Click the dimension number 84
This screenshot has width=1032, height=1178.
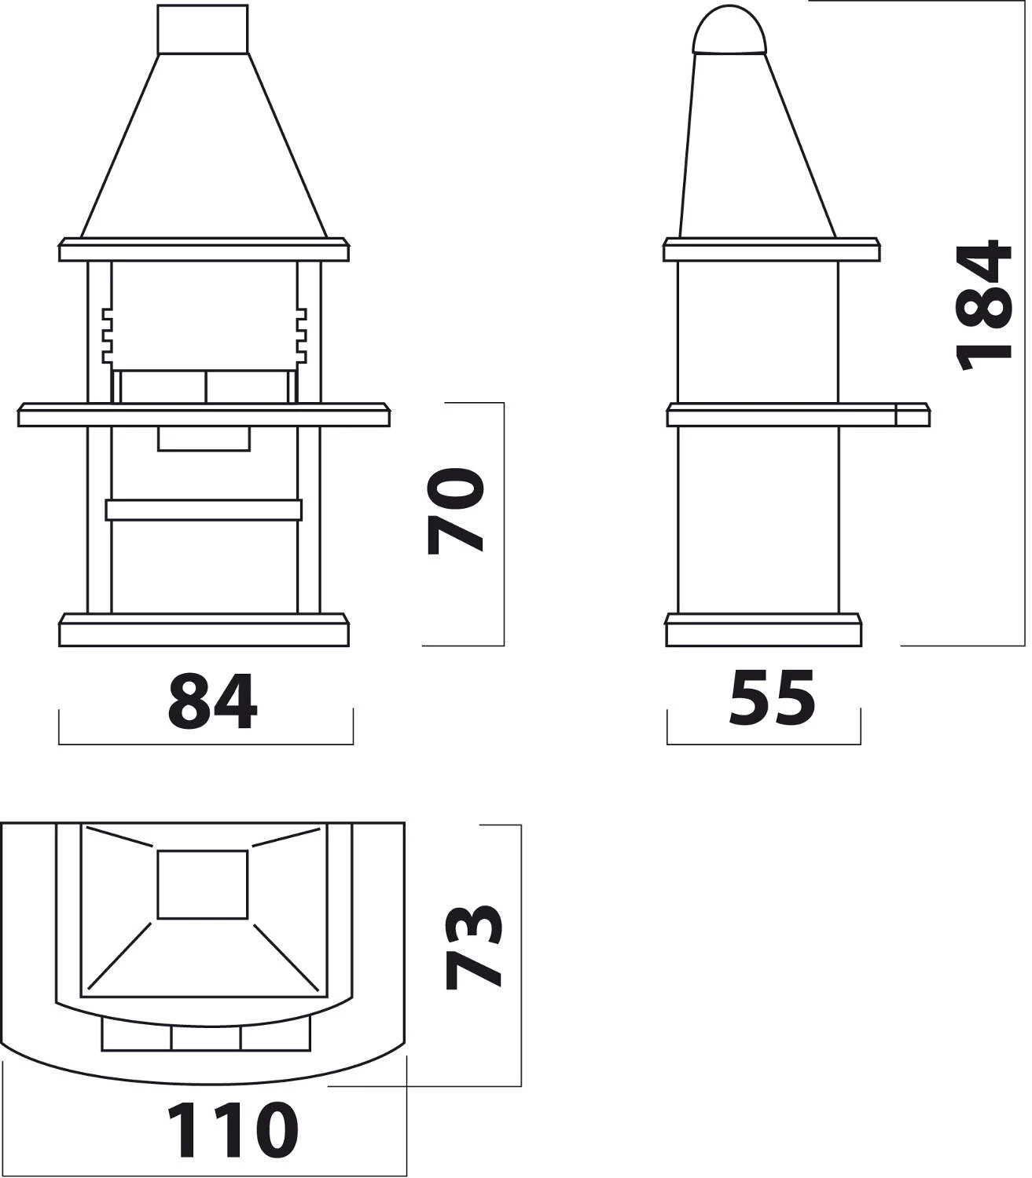click(212, 702)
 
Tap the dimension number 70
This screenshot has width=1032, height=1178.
click(455, 511)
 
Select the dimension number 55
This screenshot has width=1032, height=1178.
click(772, 697)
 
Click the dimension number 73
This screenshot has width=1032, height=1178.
click(473, 947)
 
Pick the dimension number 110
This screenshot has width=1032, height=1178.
click(233, 1131)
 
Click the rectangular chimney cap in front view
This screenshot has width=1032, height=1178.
click(204, 30)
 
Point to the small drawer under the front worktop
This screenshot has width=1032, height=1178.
click(204, 439)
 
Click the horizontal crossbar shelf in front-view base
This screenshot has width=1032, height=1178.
click(204, 510)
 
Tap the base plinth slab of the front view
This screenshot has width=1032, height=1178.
click(204, 631)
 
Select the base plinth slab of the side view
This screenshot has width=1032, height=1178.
click(764, 631)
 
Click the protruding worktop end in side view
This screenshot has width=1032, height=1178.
click(913, 415)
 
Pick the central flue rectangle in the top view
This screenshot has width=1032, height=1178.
click(203, 884)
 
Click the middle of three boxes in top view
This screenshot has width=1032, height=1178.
click(205, 1037)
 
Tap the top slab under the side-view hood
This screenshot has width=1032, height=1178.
click(771, 250)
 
